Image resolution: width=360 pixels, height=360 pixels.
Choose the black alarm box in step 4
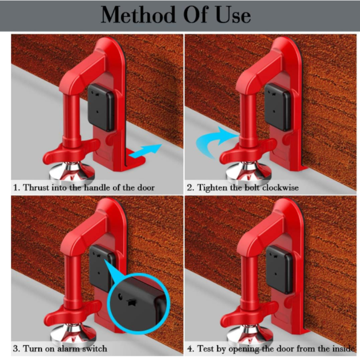[x=279, y=268]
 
